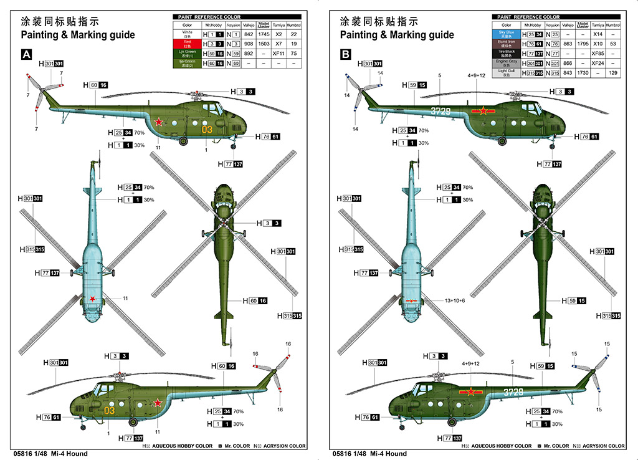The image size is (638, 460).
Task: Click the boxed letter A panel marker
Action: point(27,55)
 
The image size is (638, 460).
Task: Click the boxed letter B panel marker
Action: point(346,55)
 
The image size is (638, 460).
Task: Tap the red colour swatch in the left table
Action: point(188,44)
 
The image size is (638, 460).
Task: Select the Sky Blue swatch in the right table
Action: point(507,32)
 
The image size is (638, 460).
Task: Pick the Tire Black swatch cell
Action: point(507,53)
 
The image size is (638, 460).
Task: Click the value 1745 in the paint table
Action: point(264,34)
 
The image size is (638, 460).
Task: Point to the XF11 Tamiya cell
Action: point(279,54)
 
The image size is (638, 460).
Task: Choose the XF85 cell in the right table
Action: point(598,53)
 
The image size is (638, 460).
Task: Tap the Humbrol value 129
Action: point(614,74)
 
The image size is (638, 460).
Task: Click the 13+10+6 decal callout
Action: point(455,300)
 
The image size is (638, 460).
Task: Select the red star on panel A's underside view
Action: point(92,300)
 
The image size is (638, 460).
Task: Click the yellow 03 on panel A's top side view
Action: point(207,129)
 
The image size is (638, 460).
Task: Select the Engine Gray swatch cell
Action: point(507,63)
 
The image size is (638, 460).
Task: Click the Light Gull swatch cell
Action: point(507,74)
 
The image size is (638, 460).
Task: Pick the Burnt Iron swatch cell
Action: point(507,43)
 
